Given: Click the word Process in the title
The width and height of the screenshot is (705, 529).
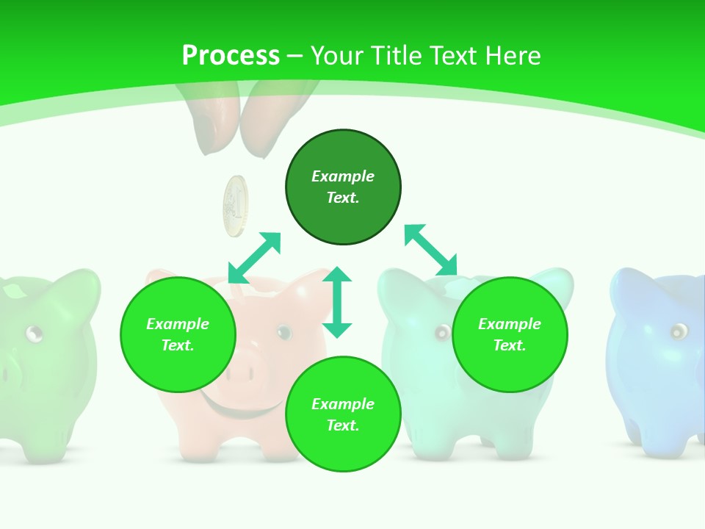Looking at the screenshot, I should point(231,56).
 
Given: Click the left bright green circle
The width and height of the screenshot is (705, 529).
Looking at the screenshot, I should point(178,334).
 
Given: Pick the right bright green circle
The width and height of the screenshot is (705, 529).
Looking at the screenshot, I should point(510,334).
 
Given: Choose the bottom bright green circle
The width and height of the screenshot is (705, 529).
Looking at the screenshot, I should point(343,414).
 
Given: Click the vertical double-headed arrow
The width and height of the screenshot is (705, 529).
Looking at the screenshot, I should point(337,302).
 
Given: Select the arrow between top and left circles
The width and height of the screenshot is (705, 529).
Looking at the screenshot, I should point(254,258).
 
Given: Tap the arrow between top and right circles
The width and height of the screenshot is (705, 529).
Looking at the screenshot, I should point(431,250).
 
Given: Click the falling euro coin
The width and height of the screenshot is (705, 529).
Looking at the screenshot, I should point(236,206).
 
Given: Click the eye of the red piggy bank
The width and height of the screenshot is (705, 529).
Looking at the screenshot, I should point(283,332).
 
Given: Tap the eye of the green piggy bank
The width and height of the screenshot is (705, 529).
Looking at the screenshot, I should point(34,334).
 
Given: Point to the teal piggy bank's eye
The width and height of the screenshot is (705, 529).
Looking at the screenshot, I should point(441,333).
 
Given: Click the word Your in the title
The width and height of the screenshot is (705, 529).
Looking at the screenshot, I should point(336,56).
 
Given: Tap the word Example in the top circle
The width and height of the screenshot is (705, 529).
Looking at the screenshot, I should point(343,176).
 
